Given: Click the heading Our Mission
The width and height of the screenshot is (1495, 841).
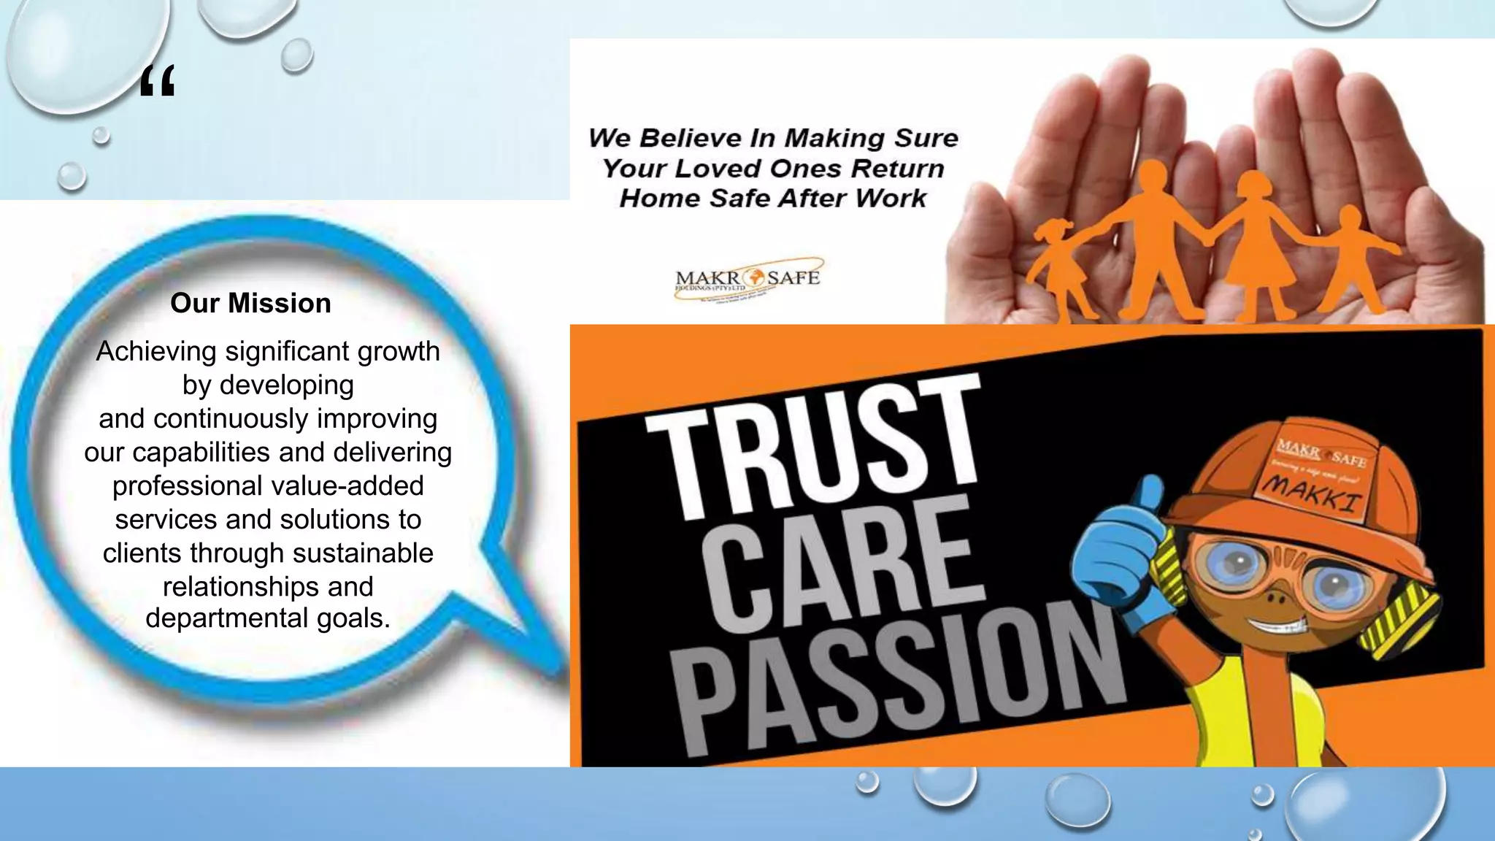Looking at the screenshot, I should tap(250, 303).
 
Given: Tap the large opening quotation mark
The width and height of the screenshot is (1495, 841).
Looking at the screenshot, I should tap(157, 81).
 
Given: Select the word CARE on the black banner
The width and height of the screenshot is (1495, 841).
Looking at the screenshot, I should tap(839, 563).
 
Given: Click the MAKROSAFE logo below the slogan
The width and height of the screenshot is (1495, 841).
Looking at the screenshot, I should tap(747, 279).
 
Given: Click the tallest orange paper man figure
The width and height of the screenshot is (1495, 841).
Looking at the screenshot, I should tap(1150, 234).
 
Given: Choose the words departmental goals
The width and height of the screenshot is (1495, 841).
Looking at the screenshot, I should tap(268, 618).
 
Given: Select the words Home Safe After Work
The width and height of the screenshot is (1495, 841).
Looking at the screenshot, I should tap(772, 199).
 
